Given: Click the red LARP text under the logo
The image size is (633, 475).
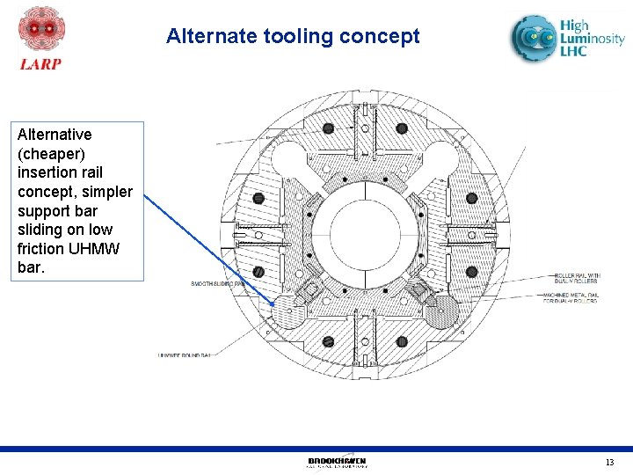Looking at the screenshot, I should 40,63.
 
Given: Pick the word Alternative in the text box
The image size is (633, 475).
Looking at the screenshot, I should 55,135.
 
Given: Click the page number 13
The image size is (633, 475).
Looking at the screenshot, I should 609,463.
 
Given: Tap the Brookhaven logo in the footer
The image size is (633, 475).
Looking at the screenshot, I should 337,462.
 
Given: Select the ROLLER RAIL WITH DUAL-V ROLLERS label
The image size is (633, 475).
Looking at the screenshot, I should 576,278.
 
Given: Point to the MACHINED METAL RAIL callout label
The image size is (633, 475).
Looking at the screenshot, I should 576,296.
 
